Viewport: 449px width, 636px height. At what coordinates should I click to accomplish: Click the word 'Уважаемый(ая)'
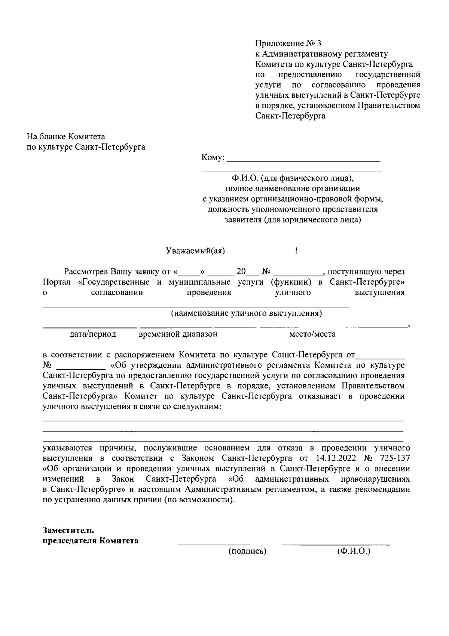pos(195,251)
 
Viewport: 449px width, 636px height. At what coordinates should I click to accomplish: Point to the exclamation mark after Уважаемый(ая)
pos(296,251)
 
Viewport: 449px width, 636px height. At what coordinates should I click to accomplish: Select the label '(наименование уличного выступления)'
pos(246,313)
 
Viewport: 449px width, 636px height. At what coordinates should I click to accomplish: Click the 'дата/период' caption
pos(93,334)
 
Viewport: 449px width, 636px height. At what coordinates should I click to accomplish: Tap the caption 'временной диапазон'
pos(178,334)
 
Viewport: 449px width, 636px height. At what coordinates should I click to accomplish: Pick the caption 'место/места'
pos(312,334)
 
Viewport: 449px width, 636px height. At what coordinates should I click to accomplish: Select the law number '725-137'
pos(395,458)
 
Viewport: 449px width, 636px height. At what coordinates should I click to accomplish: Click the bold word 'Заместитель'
pos(68,530)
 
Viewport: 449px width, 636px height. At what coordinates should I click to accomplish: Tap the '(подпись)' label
pos(247,551)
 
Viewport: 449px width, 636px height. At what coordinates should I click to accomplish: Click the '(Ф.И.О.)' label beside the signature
pos(353,551)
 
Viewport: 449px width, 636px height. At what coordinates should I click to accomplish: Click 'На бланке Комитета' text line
pos(66,137)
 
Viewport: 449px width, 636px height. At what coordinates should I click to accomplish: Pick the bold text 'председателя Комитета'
pos(90,541)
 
